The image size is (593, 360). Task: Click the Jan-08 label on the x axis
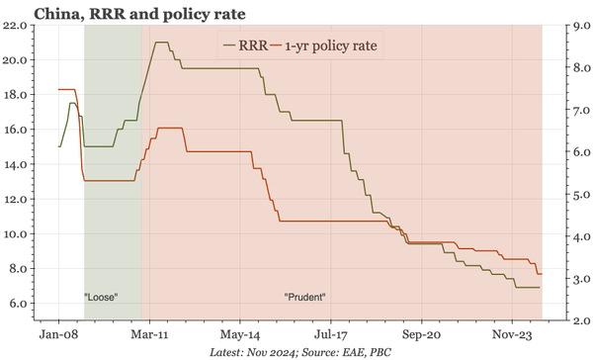pos(58,334)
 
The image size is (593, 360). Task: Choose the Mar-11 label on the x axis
pos(149,334)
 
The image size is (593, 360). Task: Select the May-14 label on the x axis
pos(240,334)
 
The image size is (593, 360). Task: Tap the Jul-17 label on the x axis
pos(331,334)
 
